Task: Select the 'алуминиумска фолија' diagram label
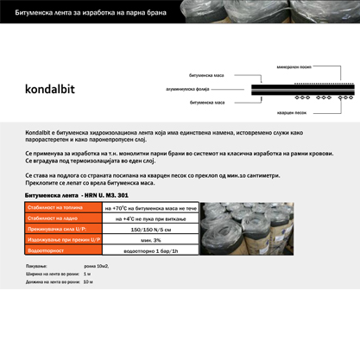coord(186,89)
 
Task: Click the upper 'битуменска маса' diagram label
coord(208,76)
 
